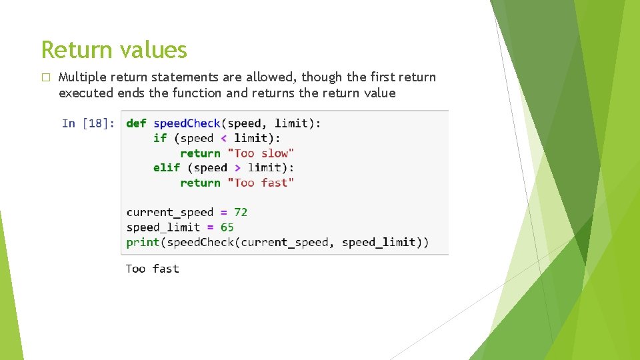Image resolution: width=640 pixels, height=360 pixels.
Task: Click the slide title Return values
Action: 114,50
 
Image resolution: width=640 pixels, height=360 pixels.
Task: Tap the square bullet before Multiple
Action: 45,77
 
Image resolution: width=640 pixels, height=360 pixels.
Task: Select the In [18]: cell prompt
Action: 88,123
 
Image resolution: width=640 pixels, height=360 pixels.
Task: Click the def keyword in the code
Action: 136,123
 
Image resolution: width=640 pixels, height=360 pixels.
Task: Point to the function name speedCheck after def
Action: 187,123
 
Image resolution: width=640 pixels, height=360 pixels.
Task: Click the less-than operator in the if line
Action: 223,138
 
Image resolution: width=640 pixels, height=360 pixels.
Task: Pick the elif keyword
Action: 167,168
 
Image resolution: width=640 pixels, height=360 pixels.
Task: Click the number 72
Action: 241,212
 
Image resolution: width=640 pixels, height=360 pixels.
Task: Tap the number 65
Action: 227,227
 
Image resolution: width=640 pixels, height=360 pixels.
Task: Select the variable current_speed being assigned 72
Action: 170,212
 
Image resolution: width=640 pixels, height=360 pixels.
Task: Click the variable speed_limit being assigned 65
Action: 163,227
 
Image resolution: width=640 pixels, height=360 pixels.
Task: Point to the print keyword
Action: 143,242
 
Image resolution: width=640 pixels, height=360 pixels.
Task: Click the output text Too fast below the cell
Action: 153,269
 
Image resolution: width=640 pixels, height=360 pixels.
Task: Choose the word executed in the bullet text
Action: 86,93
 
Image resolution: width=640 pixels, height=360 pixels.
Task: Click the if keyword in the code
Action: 160,138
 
